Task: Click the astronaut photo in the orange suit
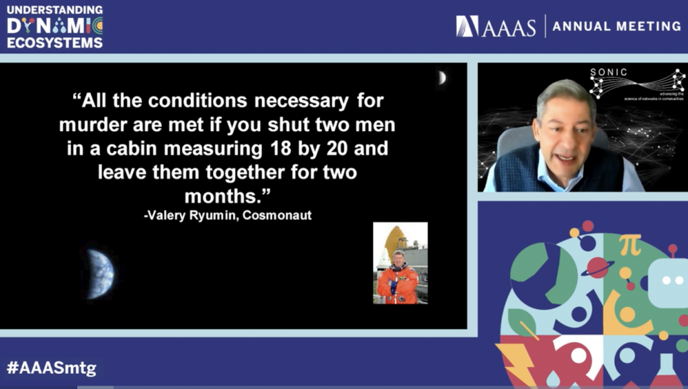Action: (x=400, y=263)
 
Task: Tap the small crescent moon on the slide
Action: (x=441, y=78)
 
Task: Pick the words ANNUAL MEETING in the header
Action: (x=617, y=26)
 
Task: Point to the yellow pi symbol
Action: (x=630, y=245)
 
